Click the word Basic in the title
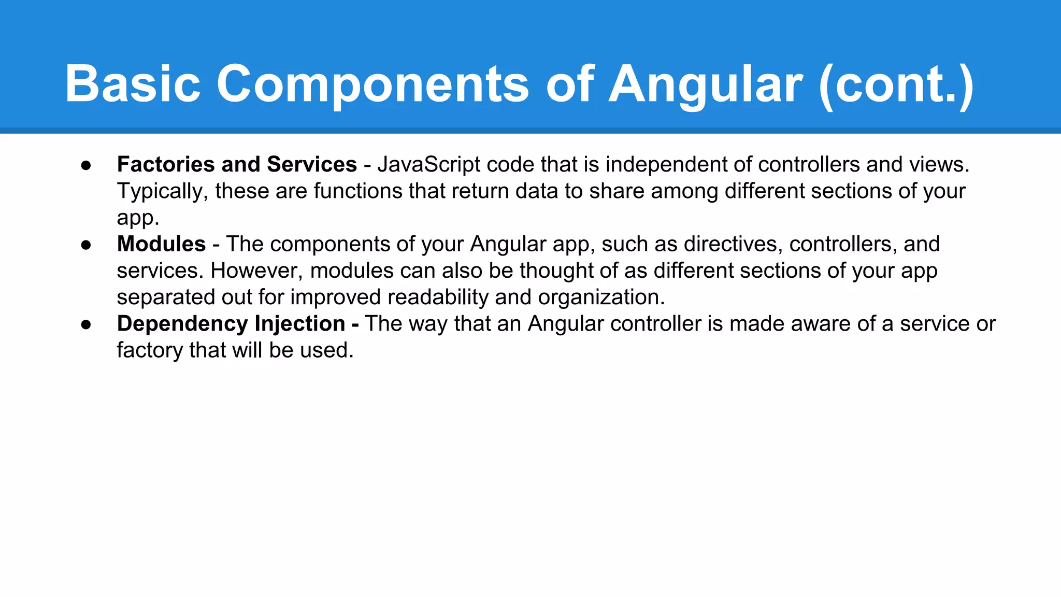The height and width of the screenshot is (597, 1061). point(133,84)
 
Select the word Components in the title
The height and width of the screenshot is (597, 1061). point(372,84)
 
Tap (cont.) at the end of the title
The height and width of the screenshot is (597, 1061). point(897,84)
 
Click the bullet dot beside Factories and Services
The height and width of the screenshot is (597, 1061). point(86,165)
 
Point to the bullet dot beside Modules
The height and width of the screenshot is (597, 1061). point(86,245)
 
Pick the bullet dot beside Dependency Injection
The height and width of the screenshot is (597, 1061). point(86,324)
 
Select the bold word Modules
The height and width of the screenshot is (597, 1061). point(161,244)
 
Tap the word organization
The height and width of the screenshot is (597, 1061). point(601,297)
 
